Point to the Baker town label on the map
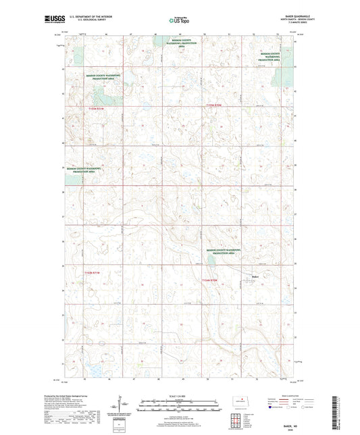click(255, 274)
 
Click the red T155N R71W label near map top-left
click(97, 107)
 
